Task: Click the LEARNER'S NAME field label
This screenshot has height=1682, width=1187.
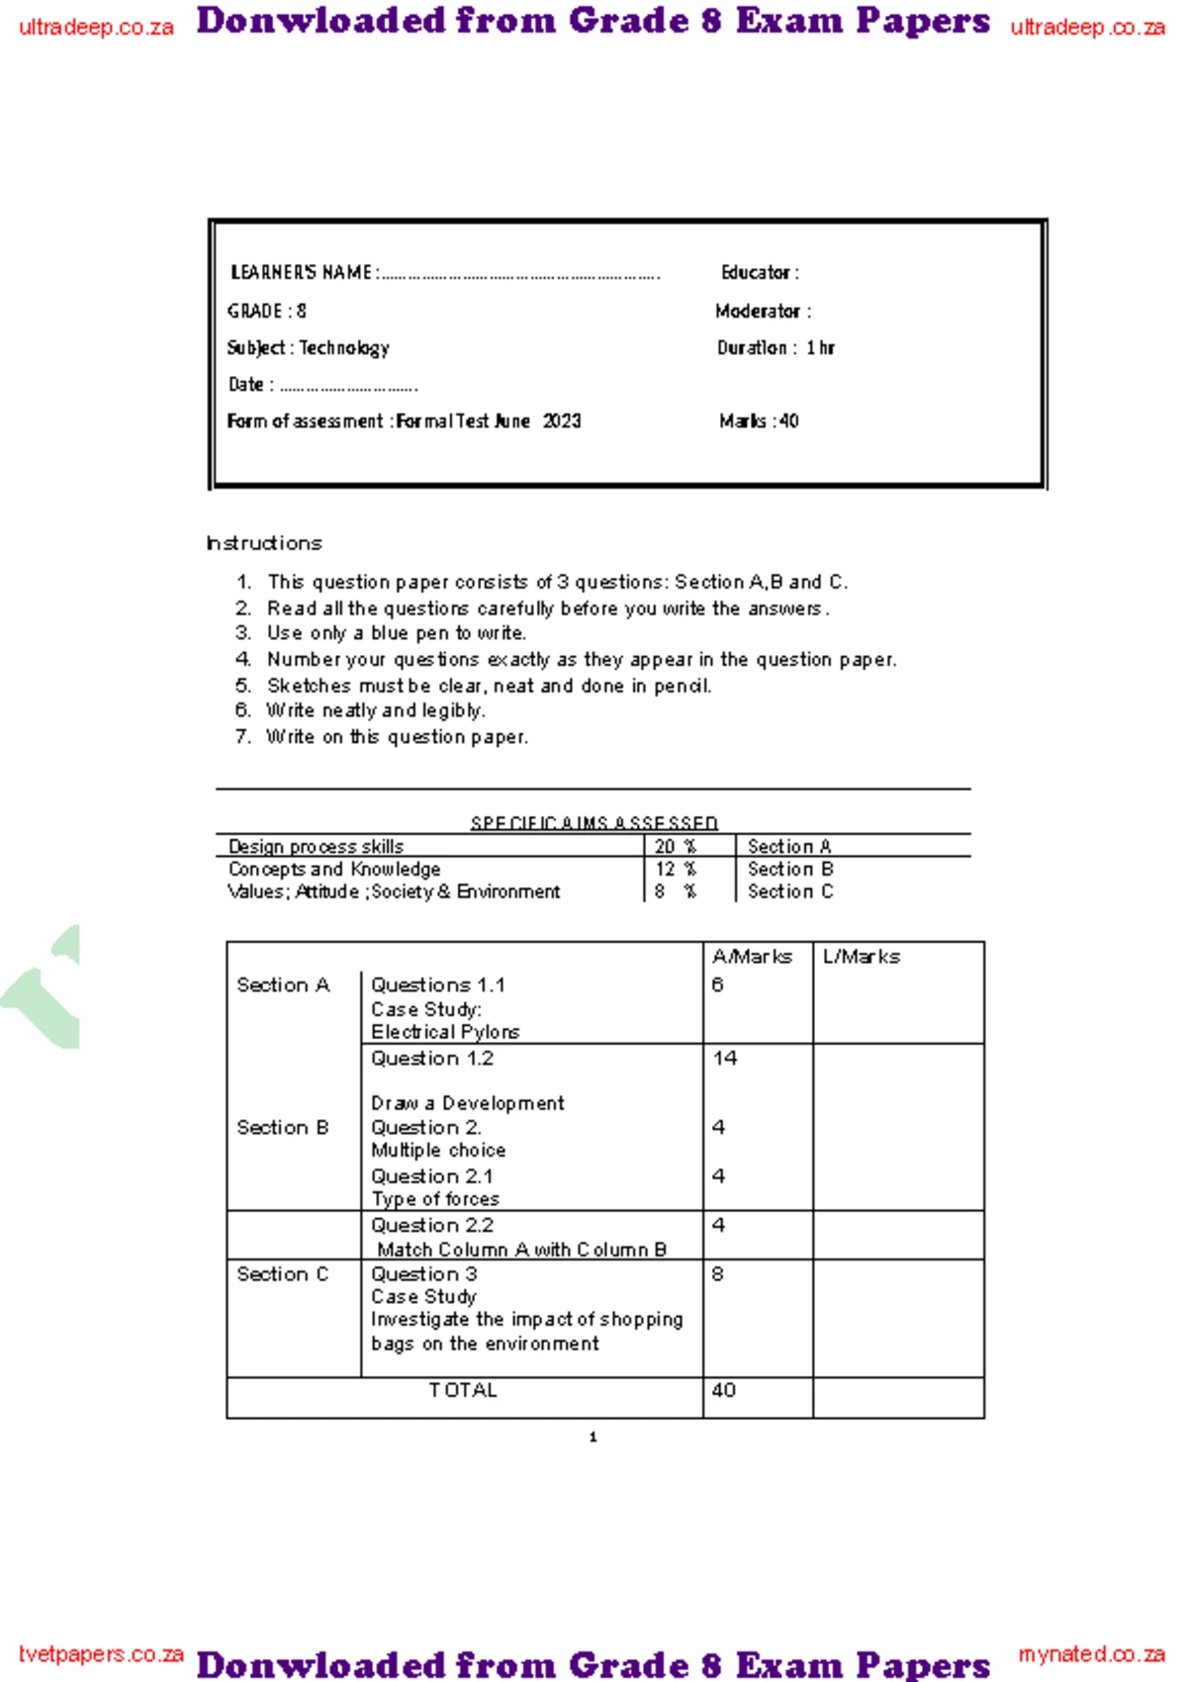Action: click(301, 272)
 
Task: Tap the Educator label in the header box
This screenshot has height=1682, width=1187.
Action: click(759, 272)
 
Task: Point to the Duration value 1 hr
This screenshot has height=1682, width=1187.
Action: click(820, 347)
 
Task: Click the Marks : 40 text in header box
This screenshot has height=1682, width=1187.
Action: click(759, 420)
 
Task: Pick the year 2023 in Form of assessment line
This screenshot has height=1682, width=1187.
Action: click(562, 420)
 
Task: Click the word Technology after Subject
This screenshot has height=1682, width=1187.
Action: click(344, 347)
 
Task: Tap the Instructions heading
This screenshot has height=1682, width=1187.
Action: click(264, 543)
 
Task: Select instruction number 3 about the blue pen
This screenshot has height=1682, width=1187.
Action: click(396, 633)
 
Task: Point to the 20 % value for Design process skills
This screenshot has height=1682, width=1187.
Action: click(675, 847)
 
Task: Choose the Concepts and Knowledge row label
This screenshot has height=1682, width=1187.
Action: click(334, 869)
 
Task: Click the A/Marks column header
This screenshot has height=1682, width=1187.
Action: click(752, 957)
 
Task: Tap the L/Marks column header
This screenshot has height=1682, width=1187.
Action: click(861, 957)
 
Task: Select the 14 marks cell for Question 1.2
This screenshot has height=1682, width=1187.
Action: click(725, 1059)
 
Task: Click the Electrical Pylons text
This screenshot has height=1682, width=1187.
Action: click(445, 1032)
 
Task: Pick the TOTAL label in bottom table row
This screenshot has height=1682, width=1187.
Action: click(463, 1390)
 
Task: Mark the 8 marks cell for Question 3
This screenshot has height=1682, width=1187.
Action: click(718, 1274)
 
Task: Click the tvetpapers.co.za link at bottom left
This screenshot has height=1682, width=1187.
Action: click(101, 1654)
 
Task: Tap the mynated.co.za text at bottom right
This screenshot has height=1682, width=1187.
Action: click(1091, 1654)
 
